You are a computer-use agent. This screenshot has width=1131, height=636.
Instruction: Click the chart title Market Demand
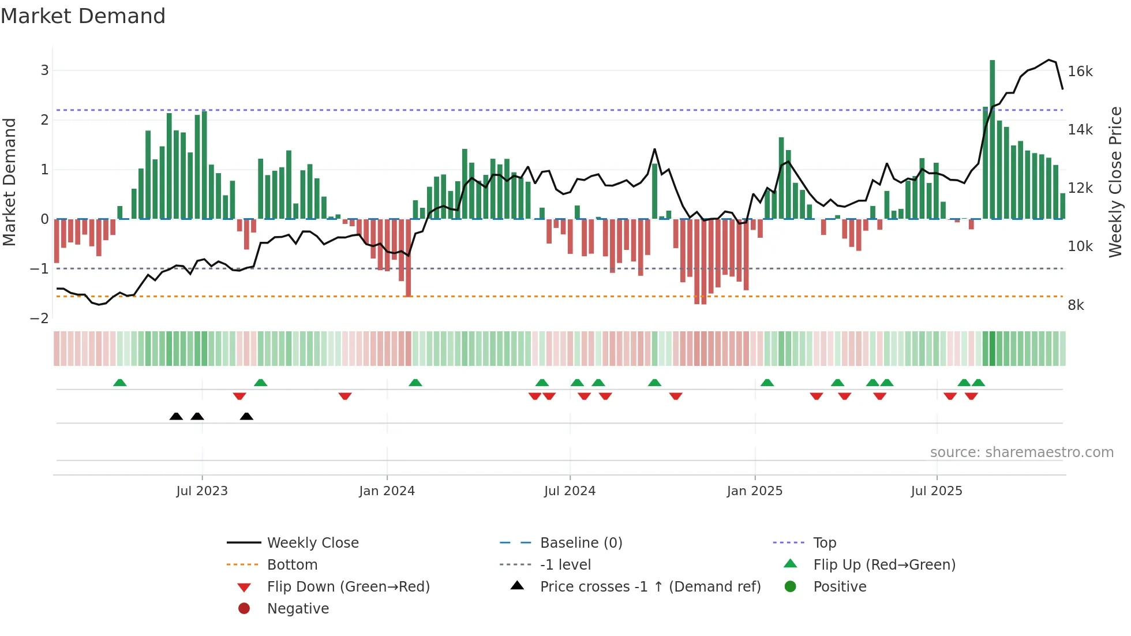(83, 16)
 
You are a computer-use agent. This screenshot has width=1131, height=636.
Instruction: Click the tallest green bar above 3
(992, 139)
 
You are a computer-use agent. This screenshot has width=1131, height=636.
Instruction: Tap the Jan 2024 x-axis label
(387, 491)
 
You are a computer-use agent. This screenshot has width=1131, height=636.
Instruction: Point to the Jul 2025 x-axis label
(937, 491)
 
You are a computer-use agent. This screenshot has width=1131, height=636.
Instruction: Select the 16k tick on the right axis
(1080, 72)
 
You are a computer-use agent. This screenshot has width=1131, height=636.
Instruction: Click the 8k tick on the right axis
(1076, 305)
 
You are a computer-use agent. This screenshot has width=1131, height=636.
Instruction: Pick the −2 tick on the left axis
(39, 319)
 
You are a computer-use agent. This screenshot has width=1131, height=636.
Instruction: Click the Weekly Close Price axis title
(1115, 182)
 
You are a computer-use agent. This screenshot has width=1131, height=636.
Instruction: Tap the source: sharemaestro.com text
(1021, 452)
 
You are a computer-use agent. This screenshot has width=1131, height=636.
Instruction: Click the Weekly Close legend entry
(312, 543)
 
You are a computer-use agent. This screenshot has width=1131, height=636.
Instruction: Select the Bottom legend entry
(292, 565)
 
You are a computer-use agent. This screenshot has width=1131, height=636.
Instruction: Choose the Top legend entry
(824, 543)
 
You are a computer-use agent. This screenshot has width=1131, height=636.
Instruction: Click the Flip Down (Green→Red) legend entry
(348, 587)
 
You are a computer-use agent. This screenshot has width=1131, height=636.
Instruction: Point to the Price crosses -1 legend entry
(650, 587)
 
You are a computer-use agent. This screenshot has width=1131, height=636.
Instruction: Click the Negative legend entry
(298, 609)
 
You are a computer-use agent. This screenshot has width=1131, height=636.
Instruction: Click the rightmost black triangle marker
(246, 417)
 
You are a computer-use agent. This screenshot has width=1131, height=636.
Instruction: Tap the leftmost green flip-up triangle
(119, 383)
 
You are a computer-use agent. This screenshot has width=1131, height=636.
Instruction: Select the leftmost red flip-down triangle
(239, 396)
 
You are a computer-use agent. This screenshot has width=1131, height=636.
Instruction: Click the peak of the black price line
(1049, 60)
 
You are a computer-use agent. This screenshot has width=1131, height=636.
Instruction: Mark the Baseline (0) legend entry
(581, 543)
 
